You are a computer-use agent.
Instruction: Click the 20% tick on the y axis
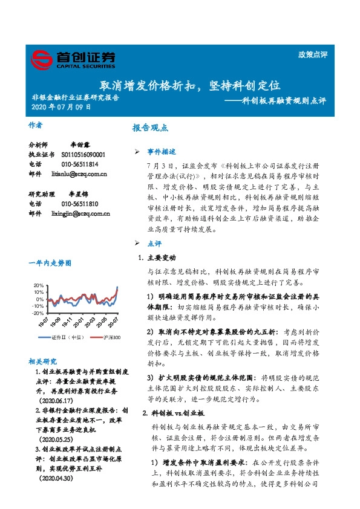point(38,285)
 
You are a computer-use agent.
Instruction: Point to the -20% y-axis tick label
point(37,313)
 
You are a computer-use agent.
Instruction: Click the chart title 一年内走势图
point(48,263)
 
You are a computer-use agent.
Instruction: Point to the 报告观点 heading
point(150,128)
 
